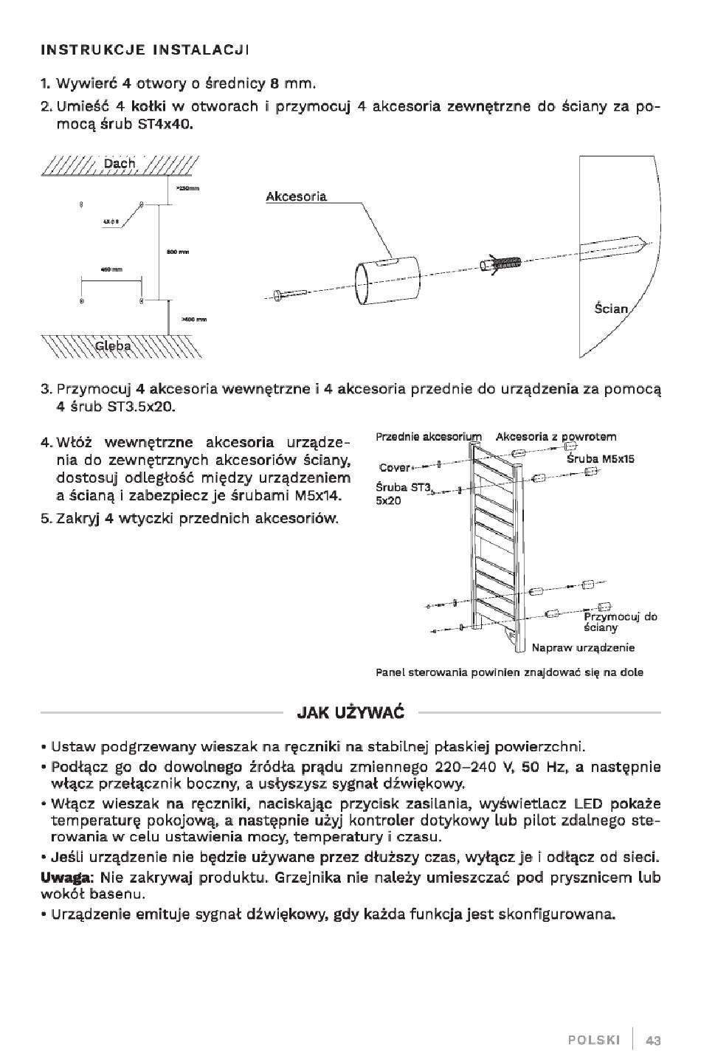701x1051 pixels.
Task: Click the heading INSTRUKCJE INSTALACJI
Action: click(145, 50)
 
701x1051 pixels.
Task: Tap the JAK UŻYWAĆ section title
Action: click(350, 713)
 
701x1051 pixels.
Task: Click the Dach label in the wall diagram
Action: click(120, 163)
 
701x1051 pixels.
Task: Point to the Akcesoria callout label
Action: click(296, 197)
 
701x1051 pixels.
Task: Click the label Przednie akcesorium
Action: click(428, 437)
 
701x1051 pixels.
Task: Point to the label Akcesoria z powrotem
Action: click(556, 437)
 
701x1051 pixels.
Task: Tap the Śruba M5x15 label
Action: click(600, 458)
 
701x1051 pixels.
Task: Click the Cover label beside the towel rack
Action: click(394, 467)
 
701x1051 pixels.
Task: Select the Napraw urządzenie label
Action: click(583, 648)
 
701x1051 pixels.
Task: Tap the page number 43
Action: click(652, 1040)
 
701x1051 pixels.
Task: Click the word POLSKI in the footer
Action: click(594, 1040)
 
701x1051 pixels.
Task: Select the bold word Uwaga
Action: click(64, 878)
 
